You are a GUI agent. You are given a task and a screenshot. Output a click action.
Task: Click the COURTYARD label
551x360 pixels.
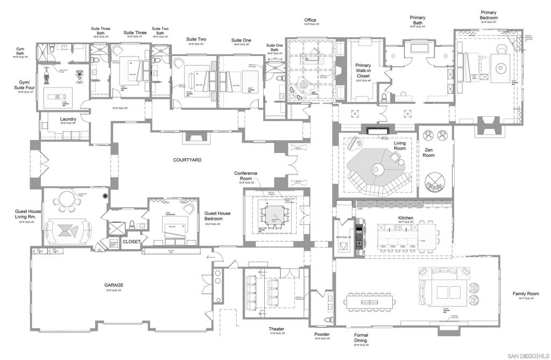click(187, 160)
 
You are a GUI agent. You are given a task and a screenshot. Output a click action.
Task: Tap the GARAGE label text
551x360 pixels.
click(114, 285)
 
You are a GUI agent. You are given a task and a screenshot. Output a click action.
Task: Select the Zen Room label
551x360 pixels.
click(428, 152)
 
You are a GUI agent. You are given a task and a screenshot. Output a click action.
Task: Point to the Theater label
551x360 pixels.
click(276, 329)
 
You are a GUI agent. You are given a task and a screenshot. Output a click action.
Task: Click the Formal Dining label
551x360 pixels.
click(361, 338)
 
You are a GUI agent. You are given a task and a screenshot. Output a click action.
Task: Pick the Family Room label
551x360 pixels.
click(525, 294)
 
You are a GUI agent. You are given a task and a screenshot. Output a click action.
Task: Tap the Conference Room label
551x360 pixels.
click(245, 176)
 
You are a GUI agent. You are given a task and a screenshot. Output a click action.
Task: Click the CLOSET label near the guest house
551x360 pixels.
click(131, 242)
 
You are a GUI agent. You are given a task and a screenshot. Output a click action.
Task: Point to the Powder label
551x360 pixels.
click(322, 334)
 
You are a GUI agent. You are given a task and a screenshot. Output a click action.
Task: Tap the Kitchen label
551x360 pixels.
click(405, 218)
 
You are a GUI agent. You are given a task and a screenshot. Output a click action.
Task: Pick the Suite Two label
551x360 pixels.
click(196, 39)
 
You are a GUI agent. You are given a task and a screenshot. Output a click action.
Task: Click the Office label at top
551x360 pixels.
click(310, 20)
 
